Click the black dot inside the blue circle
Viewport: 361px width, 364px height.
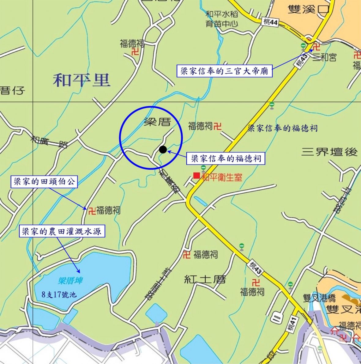[x=163, y=150]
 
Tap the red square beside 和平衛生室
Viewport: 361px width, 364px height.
[x=196, y=176]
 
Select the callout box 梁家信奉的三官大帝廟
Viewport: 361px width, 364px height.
[x=224, y=71]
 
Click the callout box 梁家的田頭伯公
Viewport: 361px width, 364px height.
[x=44, y=182]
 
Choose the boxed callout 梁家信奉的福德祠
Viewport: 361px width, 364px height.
[x=226, y=158]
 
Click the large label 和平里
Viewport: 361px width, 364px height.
[x=82, y=81]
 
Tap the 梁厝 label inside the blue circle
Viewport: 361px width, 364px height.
[x=157, y=122]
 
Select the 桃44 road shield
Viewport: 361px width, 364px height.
[x=270, y=22]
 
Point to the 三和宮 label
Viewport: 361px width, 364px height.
[x=324, y=57]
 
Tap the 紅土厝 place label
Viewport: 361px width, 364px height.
[x=205, y=279]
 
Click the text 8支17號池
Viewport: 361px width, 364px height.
[x=59, y=295]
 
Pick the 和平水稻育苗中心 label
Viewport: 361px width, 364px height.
[x=222, y=19]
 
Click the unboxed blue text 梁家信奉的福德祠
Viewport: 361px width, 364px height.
[x=282, y=128]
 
